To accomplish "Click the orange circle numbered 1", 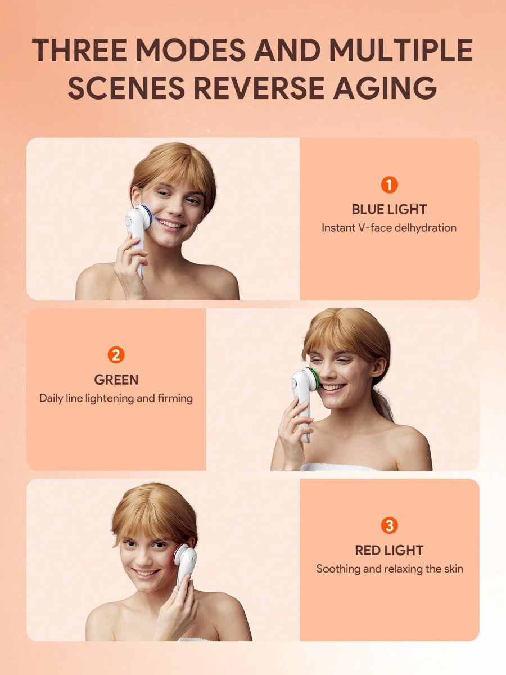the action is point(389,185).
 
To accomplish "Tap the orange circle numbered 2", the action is point(116,355).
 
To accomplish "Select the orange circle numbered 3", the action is point(389,525).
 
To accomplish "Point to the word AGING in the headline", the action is point(385,88).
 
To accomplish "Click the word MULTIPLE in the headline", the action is point(401,50).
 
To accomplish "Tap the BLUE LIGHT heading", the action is point(389,209).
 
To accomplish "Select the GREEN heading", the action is point(116,380).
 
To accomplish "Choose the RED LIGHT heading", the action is point(389,550).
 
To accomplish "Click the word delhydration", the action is point(425,228).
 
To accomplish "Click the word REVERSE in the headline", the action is point(259,88).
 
